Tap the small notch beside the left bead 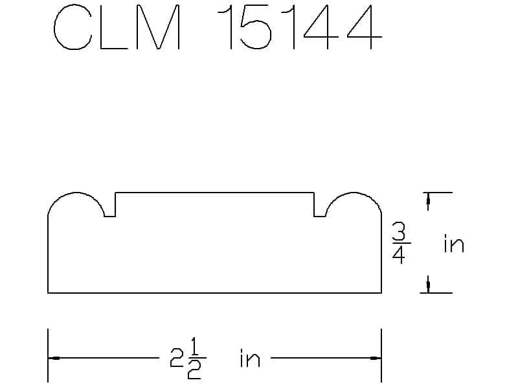coord(109,212)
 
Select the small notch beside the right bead coord(319,212)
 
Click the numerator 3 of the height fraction coord(399,231)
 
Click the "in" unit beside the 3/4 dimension coord(453,244)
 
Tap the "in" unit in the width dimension coord(250,358)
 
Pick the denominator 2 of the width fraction coord(194,370)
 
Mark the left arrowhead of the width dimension coord(54,358)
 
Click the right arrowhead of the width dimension coord(374,358)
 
